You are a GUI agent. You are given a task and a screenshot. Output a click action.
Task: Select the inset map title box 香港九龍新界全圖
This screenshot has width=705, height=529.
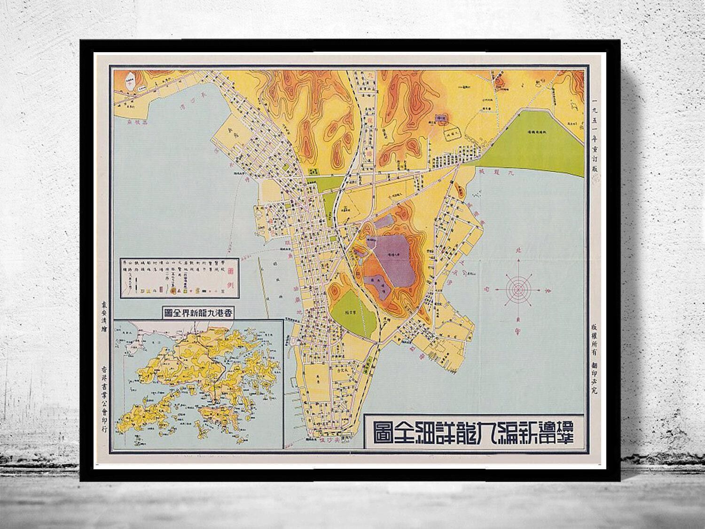[199, 312]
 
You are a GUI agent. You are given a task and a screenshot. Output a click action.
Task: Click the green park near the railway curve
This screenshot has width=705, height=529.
[355, 310]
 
